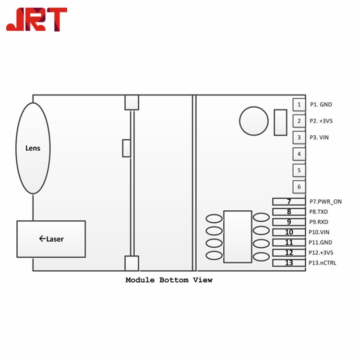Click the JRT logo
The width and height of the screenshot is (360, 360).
tap(36, 20)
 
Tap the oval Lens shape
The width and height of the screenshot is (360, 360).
tap(33, 148)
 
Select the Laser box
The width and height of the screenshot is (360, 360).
tap(51, 239)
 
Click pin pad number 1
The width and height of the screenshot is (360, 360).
tap(299, 104)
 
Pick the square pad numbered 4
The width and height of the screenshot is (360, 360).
tap(299, 154)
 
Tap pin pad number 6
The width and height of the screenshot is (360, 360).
tap(299, 187)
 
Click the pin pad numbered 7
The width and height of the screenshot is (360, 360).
tap(288, 202)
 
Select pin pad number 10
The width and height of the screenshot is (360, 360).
tap(288, 232)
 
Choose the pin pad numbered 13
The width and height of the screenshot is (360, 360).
tap(288, 263)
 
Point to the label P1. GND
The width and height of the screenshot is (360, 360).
tap(321, 105)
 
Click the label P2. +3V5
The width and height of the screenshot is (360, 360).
tap(321, 121)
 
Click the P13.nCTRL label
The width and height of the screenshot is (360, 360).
tap(323, 263)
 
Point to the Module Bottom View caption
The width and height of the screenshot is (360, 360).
tap(168, 280)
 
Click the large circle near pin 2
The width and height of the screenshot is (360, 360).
tap(254, 121)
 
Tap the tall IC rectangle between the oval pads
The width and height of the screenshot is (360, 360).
tap(238, 237)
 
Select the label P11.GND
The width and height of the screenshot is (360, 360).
tap(321, 242)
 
